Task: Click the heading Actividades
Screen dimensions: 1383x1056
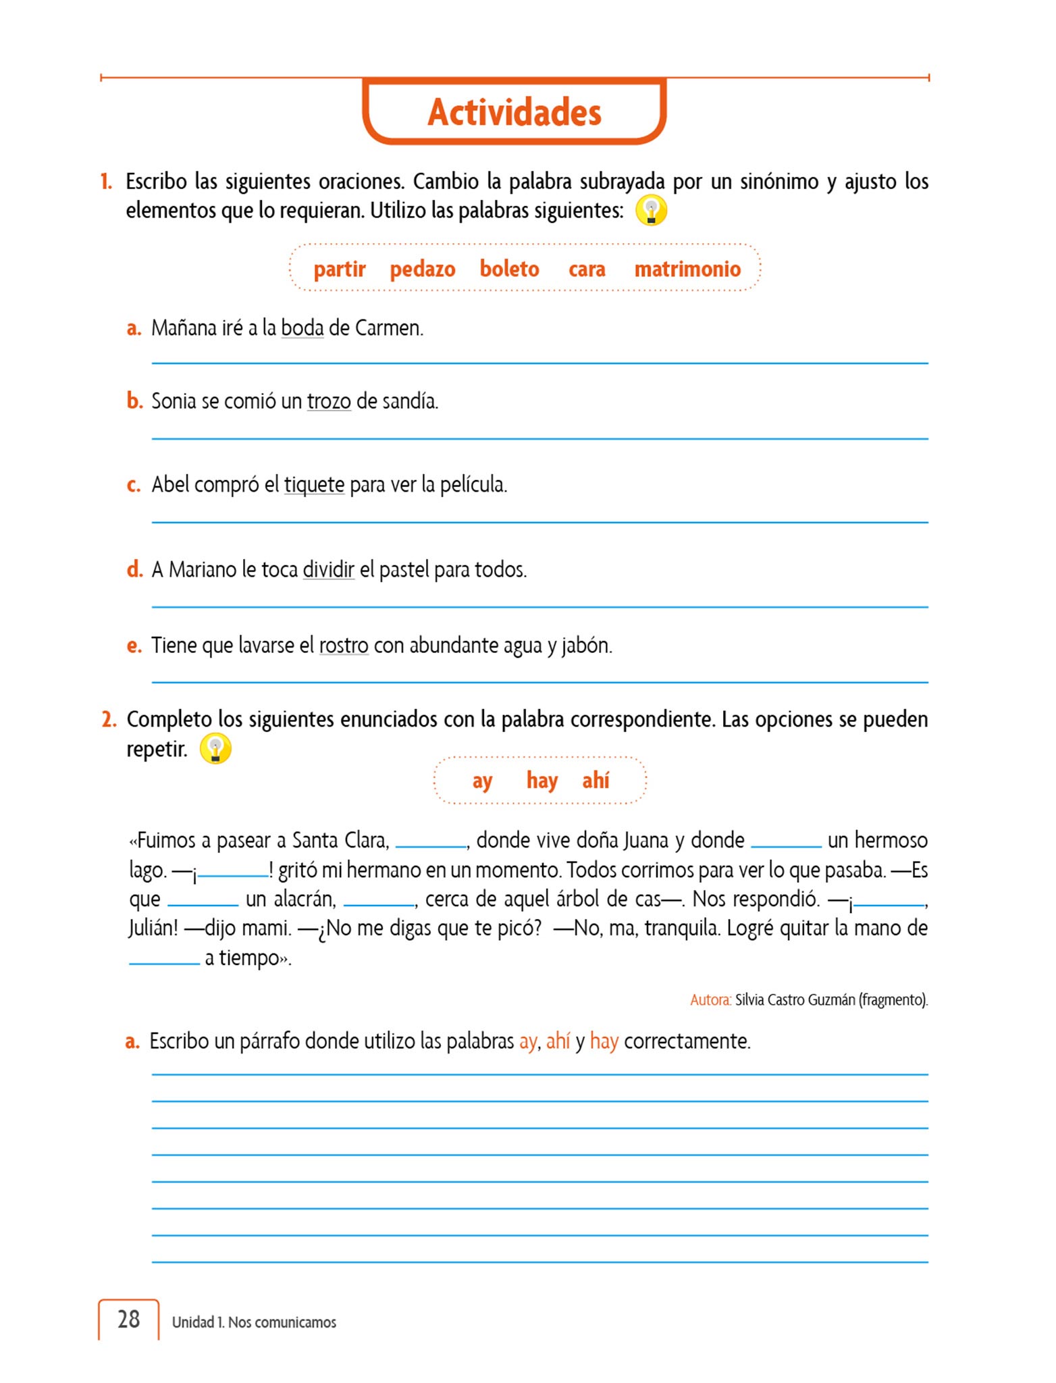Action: (514, 112)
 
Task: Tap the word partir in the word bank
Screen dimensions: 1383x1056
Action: (339, 269)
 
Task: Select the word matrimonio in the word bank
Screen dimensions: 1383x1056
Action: (687, 269)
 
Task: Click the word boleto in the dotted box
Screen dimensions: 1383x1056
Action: (509, 269)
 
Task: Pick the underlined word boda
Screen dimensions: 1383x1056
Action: (302, 328)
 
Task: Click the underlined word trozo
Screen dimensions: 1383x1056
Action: (329, 402)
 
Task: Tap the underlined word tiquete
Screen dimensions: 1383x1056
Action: (314, 485)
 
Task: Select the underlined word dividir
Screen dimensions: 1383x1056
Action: (328, 570)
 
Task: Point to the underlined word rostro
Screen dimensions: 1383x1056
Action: (344, 646)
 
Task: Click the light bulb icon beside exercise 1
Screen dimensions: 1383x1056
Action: (651, 210)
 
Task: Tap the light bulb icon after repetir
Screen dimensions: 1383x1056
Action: (215, 749)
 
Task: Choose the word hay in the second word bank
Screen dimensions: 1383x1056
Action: (542, 781)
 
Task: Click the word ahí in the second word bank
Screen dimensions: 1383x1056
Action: (596, 781)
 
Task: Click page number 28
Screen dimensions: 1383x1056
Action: (128, 1319)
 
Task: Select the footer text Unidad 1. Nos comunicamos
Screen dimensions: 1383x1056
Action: (254, 1322)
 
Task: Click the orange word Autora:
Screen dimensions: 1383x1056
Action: (710, 1000)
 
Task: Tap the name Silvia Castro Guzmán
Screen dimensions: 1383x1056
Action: (795, 1000)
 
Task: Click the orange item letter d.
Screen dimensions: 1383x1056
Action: (134, 569)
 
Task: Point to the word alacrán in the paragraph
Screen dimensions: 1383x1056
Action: (305, 899)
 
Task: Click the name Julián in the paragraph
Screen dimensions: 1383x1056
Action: (153, 929)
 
